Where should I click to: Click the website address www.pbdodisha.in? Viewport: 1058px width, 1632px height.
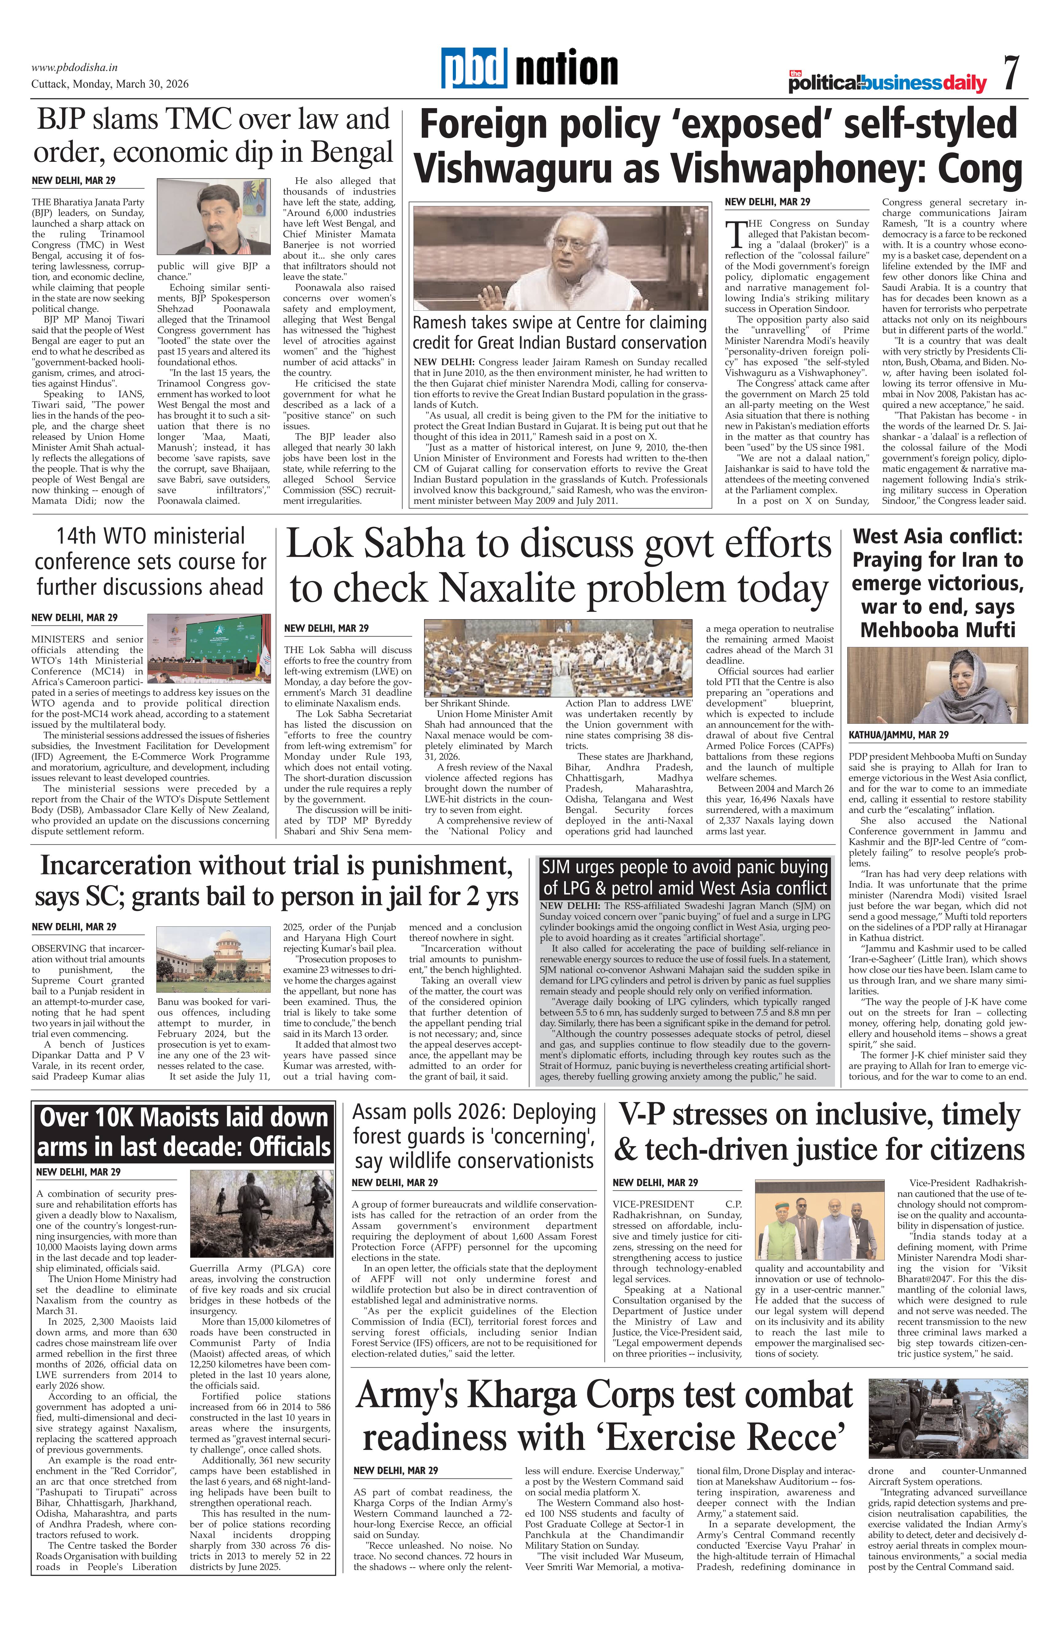coord(75,67)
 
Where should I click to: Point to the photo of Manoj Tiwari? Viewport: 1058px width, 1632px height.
coord(214,216)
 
